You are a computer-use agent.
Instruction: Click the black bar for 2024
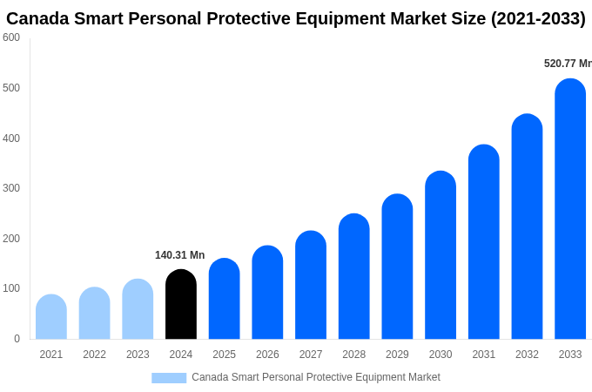[181, 304]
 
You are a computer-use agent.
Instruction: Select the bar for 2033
[570, 209]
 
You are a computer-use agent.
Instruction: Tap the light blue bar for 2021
[51, 317]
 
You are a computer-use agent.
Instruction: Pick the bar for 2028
[354, 276]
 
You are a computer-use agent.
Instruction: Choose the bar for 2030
[441, 255]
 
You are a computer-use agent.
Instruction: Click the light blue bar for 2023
[138, 309]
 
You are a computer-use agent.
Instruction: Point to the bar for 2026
[267, 293]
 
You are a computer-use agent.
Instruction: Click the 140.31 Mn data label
[179, 255]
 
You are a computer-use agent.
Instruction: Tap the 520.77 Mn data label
[567, 64]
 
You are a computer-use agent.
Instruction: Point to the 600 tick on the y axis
[11, 37]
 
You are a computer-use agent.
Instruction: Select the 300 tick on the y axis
[11, 188]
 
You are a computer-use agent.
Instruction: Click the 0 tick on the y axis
[17, 339]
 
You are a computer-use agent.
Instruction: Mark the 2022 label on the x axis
[94, 355]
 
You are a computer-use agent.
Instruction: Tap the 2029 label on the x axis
[397, 355]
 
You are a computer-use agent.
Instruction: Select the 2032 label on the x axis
[527, 355]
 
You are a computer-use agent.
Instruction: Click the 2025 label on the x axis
[224, 355]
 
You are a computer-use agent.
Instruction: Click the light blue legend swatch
[169, 377]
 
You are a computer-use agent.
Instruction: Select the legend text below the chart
[316, 377]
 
